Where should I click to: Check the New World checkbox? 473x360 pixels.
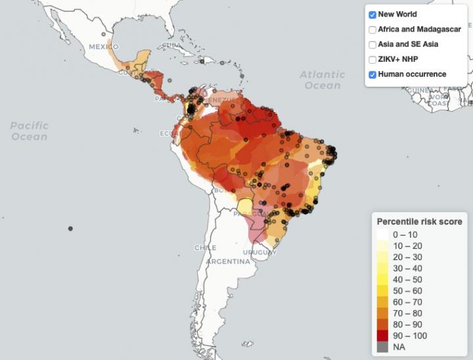click(372, 14)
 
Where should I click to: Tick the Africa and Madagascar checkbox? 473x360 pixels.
click(372, 30)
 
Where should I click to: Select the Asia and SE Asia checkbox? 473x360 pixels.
click(372, 45)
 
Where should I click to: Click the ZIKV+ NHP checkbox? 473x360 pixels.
click(372, 60)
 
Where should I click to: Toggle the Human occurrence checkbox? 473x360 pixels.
click(372, 75)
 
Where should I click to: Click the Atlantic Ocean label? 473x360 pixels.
click(323, 80)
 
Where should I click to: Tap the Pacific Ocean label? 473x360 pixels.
click(30, 131)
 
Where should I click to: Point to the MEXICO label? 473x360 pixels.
click(103, 47)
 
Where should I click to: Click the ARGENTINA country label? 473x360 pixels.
click(228, 261)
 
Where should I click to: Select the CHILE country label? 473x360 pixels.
click(205, 248)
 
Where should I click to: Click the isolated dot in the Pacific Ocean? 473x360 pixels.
click(70, 228)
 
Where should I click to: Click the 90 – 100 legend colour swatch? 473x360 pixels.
click(382, 335)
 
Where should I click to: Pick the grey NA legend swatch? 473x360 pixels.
click(382, 346)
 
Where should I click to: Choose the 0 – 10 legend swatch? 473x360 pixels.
click(382, 235)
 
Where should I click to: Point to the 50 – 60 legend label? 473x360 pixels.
click(408, 290)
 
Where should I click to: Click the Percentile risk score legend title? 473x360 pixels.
click(419, 221)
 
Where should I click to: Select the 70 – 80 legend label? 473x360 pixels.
click(408, 313)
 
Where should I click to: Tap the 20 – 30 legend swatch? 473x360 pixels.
click(382, 257)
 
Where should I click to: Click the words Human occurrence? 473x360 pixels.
click(412, 75)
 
